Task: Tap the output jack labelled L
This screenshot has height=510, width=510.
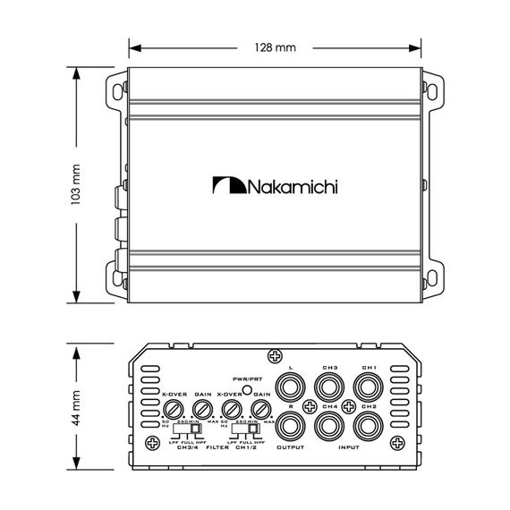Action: point(292,388)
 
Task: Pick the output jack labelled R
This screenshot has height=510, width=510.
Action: point(292,423)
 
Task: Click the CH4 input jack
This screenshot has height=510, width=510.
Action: point(329,423)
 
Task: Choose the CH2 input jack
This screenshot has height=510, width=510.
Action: point(370,423)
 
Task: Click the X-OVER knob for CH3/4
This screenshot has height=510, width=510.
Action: point(173,411)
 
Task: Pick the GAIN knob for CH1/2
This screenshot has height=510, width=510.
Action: point(260,411)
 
